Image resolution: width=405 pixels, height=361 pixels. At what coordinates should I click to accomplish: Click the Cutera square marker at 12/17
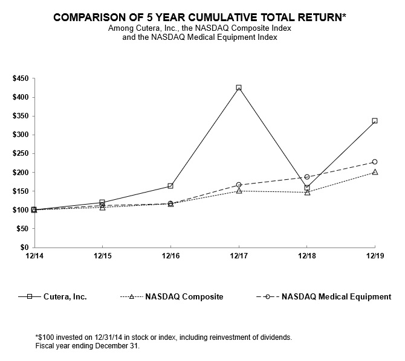[x=239, y=88]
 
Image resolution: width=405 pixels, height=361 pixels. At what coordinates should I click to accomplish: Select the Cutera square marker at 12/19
[x=375, y=121]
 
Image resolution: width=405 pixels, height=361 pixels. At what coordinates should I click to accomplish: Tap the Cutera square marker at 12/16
[x=170, y=186]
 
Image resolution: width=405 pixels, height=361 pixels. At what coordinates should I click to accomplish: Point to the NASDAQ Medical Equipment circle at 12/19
[x=375, y=162]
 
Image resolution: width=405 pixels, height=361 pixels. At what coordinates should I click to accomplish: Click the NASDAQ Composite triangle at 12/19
[x=375, y=172]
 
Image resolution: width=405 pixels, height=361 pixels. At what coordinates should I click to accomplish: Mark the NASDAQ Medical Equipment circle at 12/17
[x=239, y=185]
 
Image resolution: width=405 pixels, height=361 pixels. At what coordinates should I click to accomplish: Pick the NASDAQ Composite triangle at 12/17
[x=239, y=191]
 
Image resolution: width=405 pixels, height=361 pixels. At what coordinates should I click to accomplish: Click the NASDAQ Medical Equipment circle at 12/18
[x=307, y=177]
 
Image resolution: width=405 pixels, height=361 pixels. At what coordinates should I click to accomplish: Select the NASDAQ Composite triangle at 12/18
[x=307, y=193]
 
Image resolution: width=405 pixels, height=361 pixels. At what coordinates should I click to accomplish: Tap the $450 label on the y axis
[x=20, y=78]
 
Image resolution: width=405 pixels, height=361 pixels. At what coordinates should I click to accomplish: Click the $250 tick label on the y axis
[x=20, y=153]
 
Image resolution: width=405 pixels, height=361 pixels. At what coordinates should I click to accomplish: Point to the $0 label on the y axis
[x=25, y=248]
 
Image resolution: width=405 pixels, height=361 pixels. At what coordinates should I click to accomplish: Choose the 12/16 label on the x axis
[x=170, y=256]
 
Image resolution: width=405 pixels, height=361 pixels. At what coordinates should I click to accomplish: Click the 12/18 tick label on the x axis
[x=307, y=256]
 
